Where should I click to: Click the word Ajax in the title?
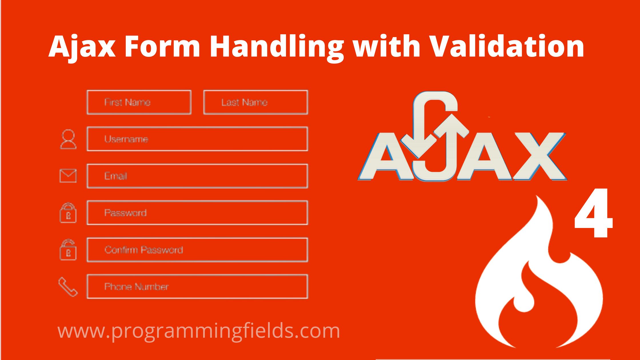(x=82, y=47)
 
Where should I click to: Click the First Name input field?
(x=139, y=102)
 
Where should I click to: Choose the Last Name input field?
(x=256, y=102)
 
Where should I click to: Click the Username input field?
(x=197, y=139)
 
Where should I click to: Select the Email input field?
(x=197, y=176)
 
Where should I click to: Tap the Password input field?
(x=197, y=213)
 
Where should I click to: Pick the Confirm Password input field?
(x=197, y=250)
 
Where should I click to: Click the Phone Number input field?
(x=197, y=287)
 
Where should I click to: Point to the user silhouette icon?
(x=68, y=139)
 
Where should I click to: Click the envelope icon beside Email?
(x=68, y=176)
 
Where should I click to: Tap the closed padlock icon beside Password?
(x=68, y=213)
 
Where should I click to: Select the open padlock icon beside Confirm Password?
(x=68, y=250)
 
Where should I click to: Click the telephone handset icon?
(x=68, y=287)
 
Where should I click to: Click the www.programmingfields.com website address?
(x=199, y=331)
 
